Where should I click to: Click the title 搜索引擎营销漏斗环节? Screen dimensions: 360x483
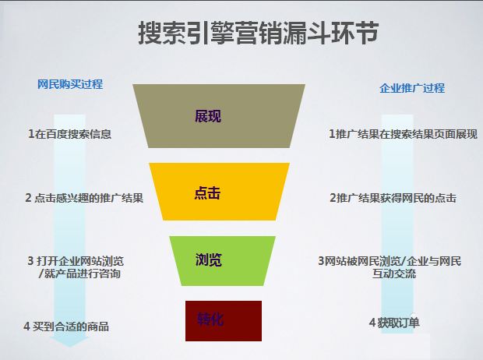(259, 34)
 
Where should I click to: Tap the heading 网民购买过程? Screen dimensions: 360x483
(70, 84)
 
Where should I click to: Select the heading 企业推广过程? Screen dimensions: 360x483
(412, 88)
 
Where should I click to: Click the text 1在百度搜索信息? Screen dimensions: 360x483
(69, 134)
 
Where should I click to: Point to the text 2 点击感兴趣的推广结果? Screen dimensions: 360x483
(84, 198)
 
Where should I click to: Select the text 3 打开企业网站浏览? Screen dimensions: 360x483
(76, 260)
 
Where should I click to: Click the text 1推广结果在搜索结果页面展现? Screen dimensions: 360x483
(403, 134)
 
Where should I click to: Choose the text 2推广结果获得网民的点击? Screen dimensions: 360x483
(393, 198)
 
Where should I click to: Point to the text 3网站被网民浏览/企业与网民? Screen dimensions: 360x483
(390, 261)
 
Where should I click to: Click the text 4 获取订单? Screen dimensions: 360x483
(393, 323)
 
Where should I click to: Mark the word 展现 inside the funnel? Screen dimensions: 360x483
(208, 116)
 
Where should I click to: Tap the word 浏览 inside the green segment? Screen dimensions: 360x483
(209, 259)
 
